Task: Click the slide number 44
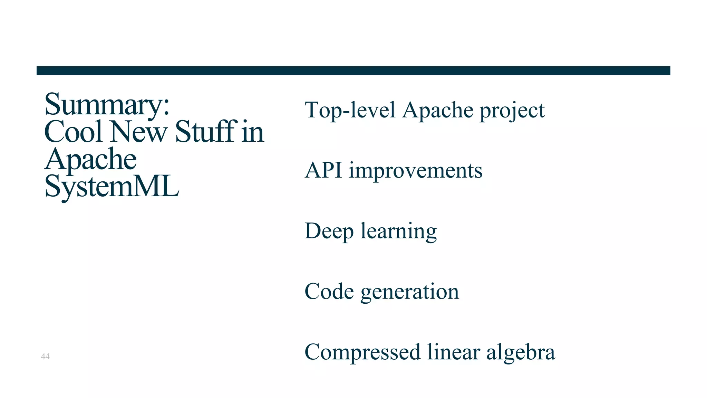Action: point(45,357)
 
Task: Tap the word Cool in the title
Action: point(74,132)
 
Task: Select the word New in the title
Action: point(138,132)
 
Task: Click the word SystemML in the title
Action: point(112,187)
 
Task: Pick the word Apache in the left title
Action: point(91,159)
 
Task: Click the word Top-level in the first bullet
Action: point(350,110)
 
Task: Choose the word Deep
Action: point(329,231)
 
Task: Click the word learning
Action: point(399,231)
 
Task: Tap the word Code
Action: point(329,291)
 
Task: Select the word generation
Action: point(410,292)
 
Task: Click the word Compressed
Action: point(362,352)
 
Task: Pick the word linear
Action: point(454,352)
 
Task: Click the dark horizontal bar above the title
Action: point(353,71)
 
